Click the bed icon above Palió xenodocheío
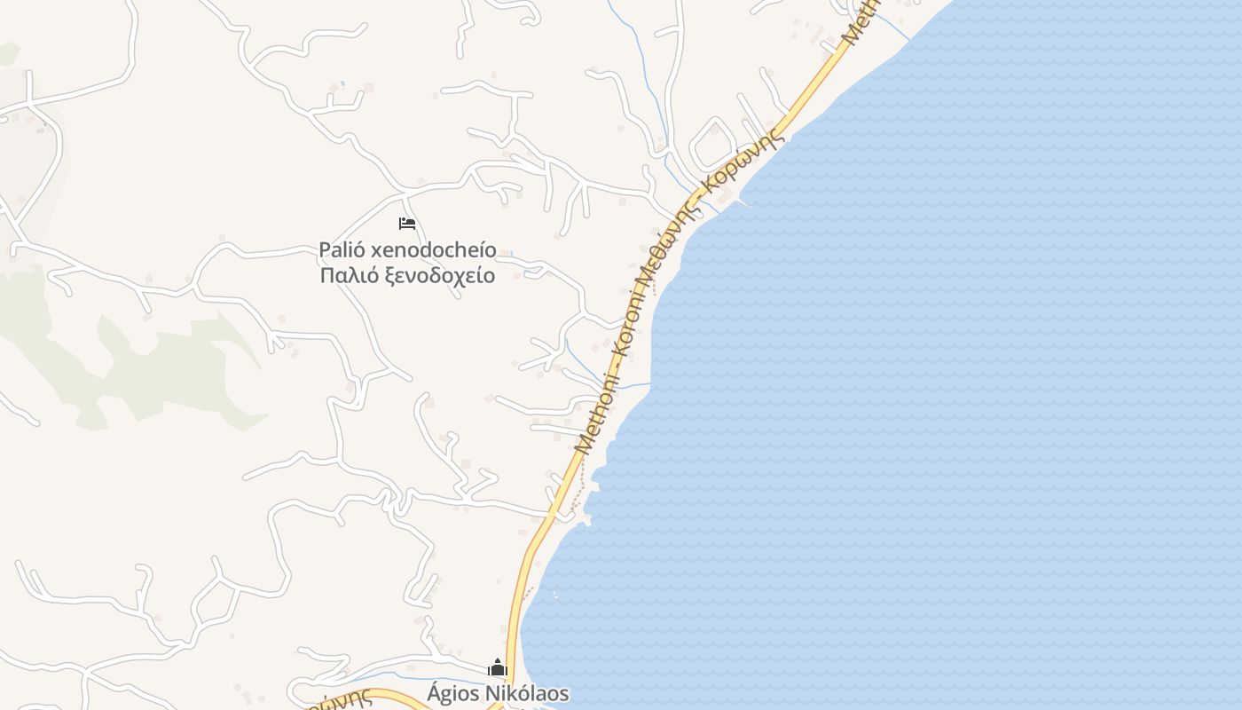407,223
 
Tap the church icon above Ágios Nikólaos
498,667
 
